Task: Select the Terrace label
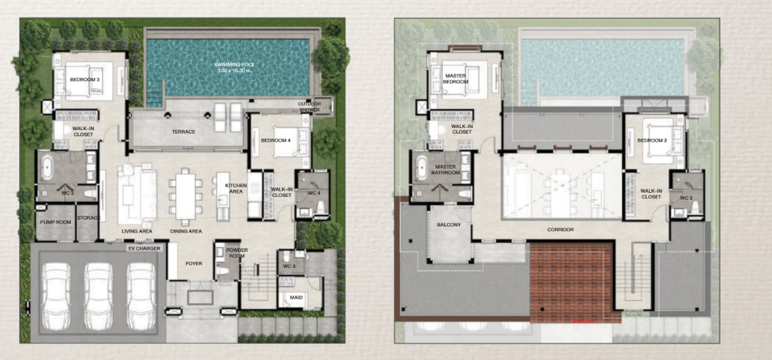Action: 184,132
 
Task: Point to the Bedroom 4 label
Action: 276,141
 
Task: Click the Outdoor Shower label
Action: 309,107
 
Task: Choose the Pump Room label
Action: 56,222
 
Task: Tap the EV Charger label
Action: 144,248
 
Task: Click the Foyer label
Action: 194,264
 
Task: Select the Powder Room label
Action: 237,253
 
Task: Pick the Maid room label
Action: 297,297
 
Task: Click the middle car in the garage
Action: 98,297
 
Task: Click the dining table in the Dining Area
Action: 186,196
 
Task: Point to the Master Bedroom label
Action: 456,78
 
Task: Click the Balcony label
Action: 449,225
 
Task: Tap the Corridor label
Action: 560,229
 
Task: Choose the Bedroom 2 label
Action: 652,141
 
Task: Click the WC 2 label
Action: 687,198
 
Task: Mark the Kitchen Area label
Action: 235,188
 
